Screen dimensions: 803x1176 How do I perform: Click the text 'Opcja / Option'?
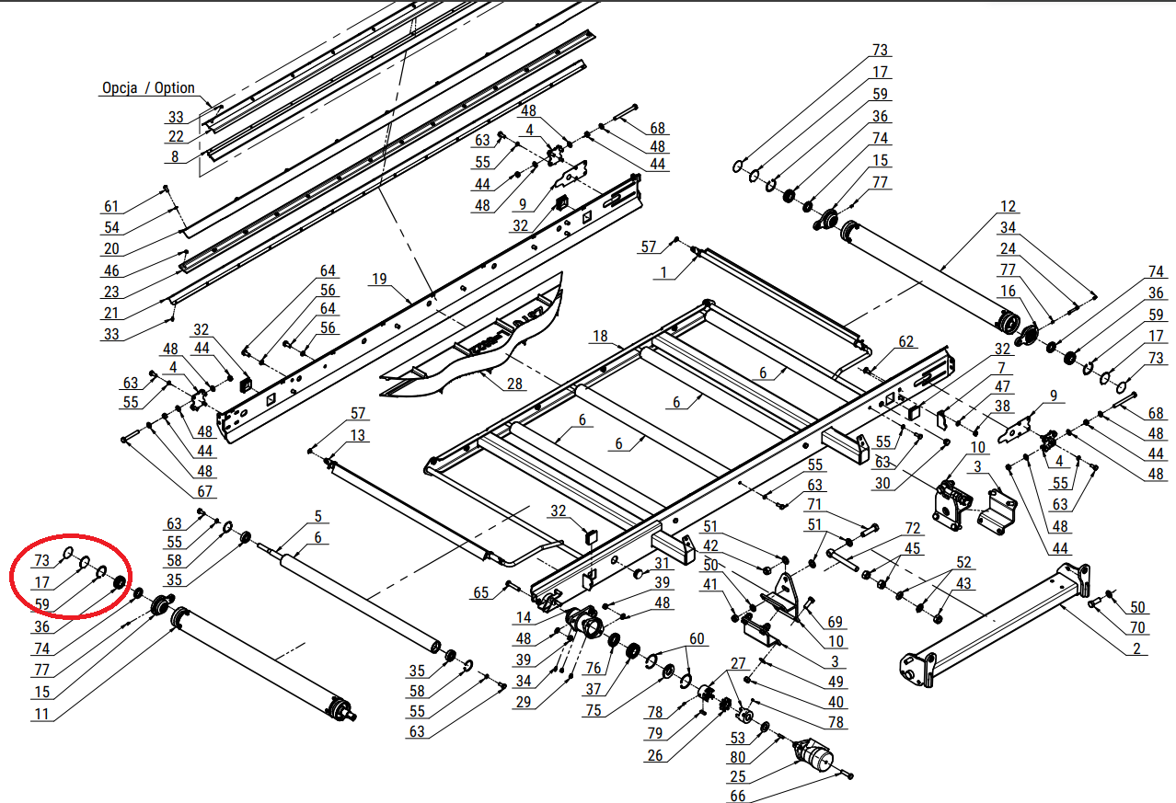click(148, 88)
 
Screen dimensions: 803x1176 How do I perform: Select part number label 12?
click(1008, 206)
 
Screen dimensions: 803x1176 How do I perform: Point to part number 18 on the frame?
click(600, 338)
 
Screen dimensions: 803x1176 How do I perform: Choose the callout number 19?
click(380, 279)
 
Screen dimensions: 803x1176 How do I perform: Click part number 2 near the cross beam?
click(1136, 648)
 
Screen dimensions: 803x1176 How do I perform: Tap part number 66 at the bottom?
click(738, 796)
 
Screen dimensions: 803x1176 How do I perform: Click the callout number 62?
click(906, 342)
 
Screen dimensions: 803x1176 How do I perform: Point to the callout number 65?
click(481, 593)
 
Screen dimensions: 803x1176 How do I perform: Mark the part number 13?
click(358, 435)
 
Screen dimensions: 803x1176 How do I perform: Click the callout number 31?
click(662, 563)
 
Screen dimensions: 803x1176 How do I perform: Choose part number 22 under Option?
click(176, 137)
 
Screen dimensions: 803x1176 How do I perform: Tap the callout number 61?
click(111, 206)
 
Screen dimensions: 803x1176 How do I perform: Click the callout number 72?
click(912, 529)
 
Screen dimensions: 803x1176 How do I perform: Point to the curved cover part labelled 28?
click(469, 345)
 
